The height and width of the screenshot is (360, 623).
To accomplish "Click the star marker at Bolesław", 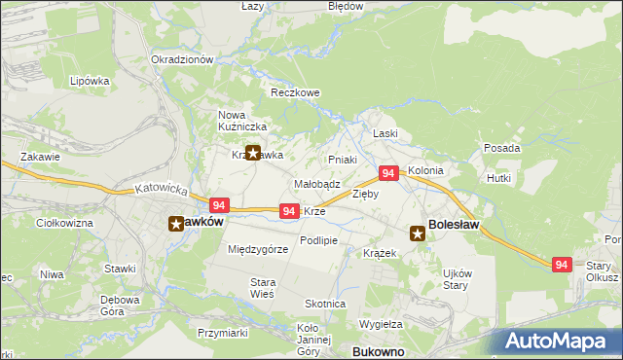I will click(x=417, y=233).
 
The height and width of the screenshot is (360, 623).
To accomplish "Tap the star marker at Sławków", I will click(x=177, y=223).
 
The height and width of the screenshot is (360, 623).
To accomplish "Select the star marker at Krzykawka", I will click(x=254, y=153).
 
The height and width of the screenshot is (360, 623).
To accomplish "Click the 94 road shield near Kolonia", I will click(x=387, y=173).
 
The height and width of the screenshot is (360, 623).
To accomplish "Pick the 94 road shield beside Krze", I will click(x=288, y=211).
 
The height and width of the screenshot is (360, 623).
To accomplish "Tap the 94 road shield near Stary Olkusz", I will click(x=561, y=264).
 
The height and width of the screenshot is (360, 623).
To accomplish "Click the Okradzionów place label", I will click(x=182, y=59).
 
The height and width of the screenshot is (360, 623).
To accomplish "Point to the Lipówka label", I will click(x=89, y=82).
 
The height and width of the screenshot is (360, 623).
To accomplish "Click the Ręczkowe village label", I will click(x=295, y=93).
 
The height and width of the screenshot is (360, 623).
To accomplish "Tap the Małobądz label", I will click(x=316, y=184).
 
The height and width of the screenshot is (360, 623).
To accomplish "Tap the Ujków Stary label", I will click(x=457, y=279).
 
